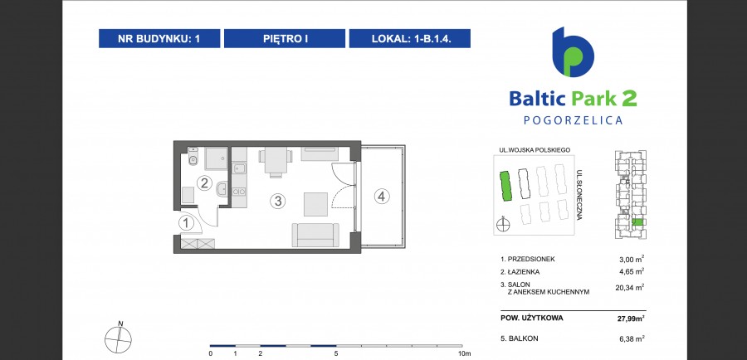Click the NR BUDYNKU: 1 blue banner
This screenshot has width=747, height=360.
(x=159, y=38)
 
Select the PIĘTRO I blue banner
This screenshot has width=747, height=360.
(x=285, y=38)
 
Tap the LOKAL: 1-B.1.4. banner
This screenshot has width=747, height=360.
(x=410, y=38)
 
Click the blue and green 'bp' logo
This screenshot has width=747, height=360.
(x=573, y=52)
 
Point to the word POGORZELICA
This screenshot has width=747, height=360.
(x=573, y=120)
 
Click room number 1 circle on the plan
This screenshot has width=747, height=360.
(x=187, y=223)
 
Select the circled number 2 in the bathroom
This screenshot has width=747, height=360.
(x=204, y=182)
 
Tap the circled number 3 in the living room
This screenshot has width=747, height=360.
(x=278, y=202)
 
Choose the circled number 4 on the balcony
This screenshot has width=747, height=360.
(x=382, y=196)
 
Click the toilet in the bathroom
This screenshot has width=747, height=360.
(x=193, y=156)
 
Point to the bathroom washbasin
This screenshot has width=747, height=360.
(x=222, y=189)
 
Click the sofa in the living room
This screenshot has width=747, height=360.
(x=315, y=235)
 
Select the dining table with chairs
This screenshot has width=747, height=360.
(x=276, y=162)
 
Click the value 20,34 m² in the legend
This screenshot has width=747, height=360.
(x=629, y=287)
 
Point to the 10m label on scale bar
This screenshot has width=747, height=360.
(x=465, y=353)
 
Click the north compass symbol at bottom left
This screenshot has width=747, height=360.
(x=118, y=338)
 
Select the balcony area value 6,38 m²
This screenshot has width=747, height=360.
(x=631, y=338)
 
